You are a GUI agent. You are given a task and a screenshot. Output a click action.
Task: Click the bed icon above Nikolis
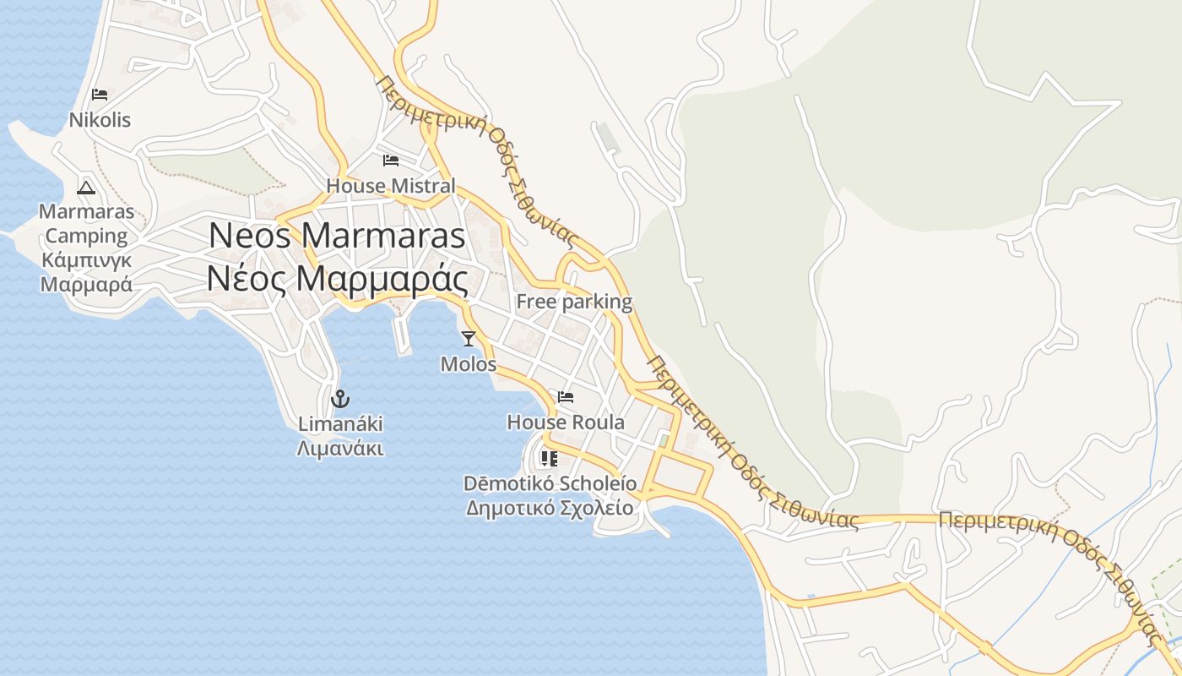[x=100, y=95]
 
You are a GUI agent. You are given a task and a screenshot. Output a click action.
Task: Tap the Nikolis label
[x=100, y=120]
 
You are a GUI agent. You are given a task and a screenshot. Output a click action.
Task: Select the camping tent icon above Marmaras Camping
[x=86, y=188]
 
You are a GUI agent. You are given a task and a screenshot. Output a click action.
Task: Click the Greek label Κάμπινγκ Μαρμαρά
[x=86, y=272]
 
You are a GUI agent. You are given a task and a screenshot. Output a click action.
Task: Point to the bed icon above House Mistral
[x=390, y=160]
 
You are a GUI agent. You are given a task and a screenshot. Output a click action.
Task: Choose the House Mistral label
[x=390, y=185]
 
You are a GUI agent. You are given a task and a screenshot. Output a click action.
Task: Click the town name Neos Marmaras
[x=337, y=235]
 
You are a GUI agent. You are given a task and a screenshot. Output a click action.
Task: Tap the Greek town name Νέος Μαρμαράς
[x=337, y=279]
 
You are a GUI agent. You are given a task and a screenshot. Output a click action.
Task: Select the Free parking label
[x=574, y=302]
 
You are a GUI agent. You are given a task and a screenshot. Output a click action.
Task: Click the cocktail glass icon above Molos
[x=469, y=339]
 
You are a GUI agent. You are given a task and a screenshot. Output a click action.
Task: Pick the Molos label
[x=469, y=364]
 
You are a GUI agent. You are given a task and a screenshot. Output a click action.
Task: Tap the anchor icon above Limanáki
[x=339, y=398]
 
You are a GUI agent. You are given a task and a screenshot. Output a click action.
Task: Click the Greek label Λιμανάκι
[x=339, y=448]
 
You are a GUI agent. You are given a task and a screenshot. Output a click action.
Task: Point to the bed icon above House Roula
[x=566, y=396]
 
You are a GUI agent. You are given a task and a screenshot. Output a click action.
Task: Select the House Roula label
[x=566, y=422]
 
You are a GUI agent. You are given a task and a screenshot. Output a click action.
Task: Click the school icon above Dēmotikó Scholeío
[x=549, y=459]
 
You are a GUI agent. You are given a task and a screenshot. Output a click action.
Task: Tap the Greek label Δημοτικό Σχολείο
[x=549, y=508]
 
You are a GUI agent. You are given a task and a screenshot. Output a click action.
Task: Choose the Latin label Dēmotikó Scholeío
[x=550, y=483]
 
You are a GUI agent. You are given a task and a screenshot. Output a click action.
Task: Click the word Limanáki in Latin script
[x=339, y=423]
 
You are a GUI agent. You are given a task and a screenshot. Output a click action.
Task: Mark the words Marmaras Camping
[x=86, y=223]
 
